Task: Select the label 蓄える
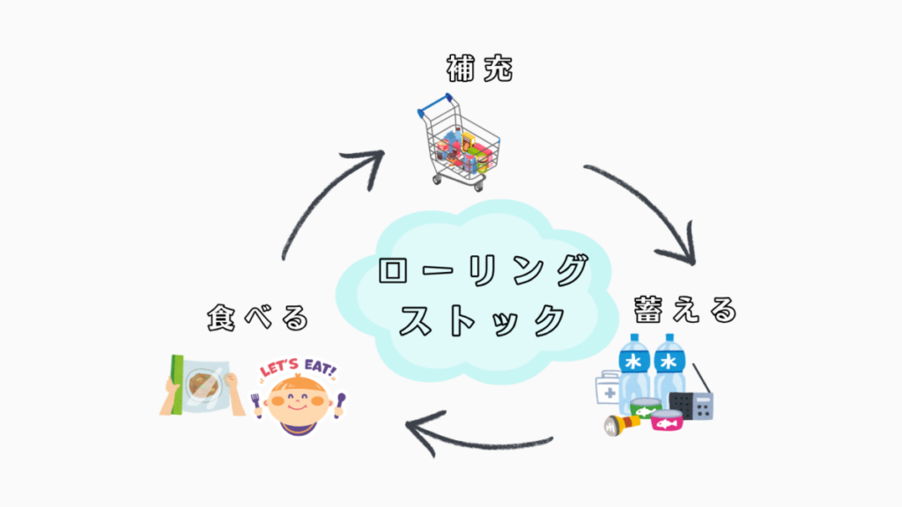684,310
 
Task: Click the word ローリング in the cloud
481,270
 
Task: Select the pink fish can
668,421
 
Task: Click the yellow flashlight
618,423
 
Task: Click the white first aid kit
609,386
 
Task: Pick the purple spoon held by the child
339,404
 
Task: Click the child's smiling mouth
298,410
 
